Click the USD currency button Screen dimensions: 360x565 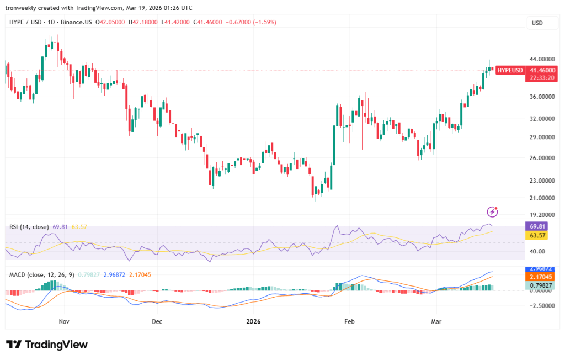[537, 23]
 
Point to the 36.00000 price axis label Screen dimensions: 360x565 [542, 97]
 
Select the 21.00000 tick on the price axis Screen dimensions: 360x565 [542, 198]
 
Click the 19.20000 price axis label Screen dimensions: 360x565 [542, 215]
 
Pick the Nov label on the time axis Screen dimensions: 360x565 [64, 321]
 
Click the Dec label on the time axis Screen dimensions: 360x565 [156, 321]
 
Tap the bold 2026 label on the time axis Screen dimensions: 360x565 [253, 321]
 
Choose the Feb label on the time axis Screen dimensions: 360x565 [348, 321]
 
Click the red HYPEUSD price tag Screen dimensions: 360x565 [509, 71]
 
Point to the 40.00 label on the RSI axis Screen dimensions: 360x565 [537, 251]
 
